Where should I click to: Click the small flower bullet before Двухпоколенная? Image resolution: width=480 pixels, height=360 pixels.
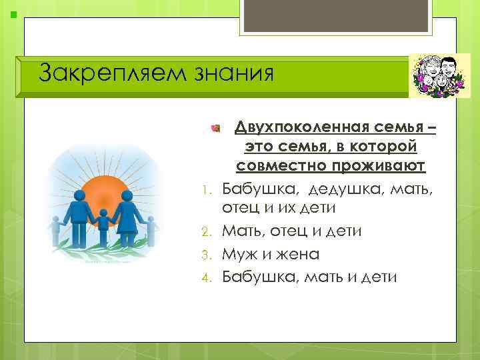pos(215,126)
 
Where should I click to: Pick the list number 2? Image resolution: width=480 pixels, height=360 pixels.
pos(207,231)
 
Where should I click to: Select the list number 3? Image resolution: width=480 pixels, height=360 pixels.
pos(207,254)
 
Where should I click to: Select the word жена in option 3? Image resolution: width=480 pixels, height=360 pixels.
pos(297,254)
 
